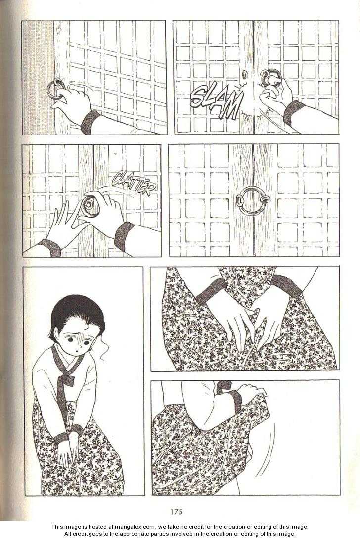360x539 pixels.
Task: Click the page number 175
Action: click(x=176, y=511)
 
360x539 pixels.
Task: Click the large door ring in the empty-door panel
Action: click(x=253, y=201)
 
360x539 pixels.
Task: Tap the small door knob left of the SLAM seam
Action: click(x=244, y=74)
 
